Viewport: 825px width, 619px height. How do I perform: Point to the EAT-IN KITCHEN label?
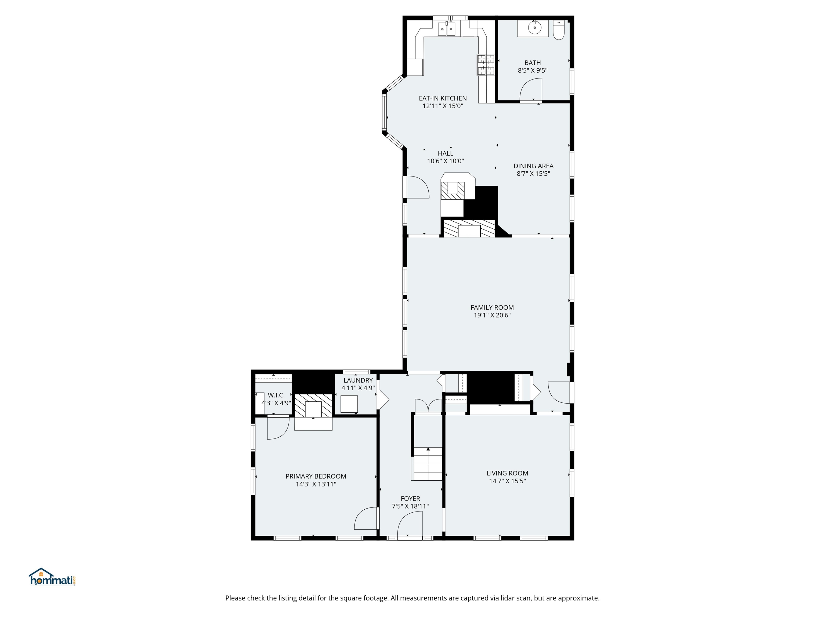click(443, 98)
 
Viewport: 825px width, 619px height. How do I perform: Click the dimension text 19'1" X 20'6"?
click(492, 315)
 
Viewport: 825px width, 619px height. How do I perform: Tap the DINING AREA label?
click(533, 166)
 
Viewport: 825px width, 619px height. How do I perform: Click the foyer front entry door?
click(410, 526)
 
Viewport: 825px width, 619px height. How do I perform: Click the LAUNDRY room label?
click(358, 380)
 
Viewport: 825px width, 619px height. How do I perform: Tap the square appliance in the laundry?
click(349, 404)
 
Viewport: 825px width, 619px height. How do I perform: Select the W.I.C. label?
click(276, 395)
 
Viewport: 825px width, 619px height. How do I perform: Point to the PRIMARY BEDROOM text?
click(316, 476)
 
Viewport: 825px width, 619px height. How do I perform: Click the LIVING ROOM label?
click(507, 473)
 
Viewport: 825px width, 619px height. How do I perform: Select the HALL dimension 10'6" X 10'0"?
click(445, 161)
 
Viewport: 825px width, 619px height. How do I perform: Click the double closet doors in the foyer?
click(428, 406)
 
